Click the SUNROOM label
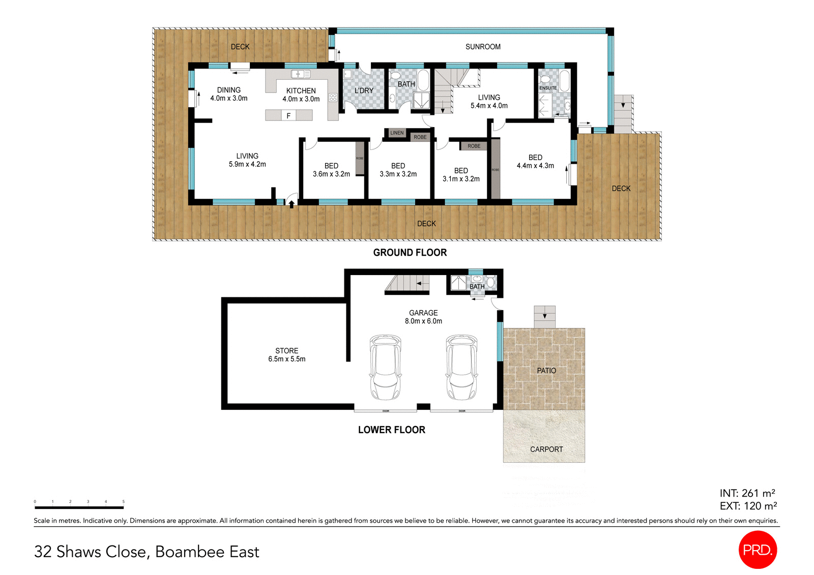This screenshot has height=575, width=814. pyautogui.click(x=483, y=47)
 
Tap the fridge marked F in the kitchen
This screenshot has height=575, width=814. pyautogui.click(x=288, y=115)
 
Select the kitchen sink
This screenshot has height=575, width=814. pyautogui.click(x=301, y=74)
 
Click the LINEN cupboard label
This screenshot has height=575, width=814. pyautogui.click(x=397, y=133)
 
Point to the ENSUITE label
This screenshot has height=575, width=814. pyautogui.click(x=548, y=88)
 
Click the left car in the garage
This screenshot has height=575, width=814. pyautogui.click(x=385, y=367)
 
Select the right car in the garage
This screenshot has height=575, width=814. pyautogui.click(x=461, y=367)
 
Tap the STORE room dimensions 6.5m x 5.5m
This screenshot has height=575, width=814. pyautogui.click(x=287, y=359)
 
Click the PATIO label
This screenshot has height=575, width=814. pyautogui.click(x=546, y=371)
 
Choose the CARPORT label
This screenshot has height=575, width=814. pyautogui.click(x=546, y=449)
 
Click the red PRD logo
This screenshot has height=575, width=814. pyautogui.click(x=758, y=550)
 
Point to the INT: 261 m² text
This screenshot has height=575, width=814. pyautogui.click(x=747, y=493)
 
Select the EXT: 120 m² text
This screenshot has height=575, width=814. pyautogui.click(x=748, y=506)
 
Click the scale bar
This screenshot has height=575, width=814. pyautogui.click(x=79, y=507)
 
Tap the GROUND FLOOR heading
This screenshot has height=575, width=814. pyautogui.click(x=410, y=253)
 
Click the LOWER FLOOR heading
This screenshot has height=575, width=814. pyautogui.click(x=391, y=430)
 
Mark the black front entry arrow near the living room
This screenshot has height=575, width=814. pyautogui.click(x=292, y=204)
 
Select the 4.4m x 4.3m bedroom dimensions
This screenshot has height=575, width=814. pyautogui.click(x=535, y=166)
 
